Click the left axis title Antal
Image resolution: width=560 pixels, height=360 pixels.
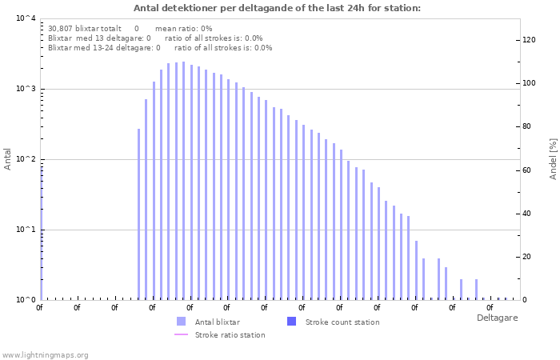[8, 158]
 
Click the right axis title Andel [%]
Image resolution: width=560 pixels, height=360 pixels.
[553, 158]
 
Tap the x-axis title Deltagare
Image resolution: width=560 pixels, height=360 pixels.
[496, 318]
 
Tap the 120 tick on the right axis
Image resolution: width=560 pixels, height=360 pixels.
[529, 40]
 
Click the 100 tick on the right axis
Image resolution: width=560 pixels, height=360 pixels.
[529, 83]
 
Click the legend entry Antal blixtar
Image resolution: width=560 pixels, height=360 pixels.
[214, 322]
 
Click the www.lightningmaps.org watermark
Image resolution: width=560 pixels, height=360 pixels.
[45, 354]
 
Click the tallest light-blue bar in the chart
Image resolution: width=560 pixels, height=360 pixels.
[183, 180]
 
